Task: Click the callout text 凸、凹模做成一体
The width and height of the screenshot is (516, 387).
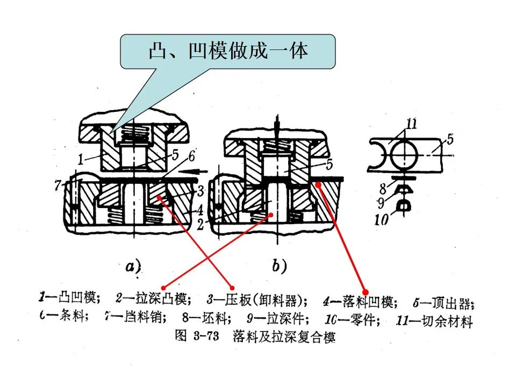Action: [228, 51]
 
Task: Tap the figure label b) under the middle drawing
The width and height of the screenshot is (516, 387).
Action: [278, 266]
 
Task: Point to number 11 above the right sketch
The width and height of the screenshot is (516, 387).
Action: [411, 125]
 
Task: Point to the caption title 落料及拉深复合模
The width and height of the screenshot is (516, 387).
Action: [284, 337]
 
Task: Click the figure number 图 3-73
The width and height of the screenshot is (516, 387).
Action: [195, 336]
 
